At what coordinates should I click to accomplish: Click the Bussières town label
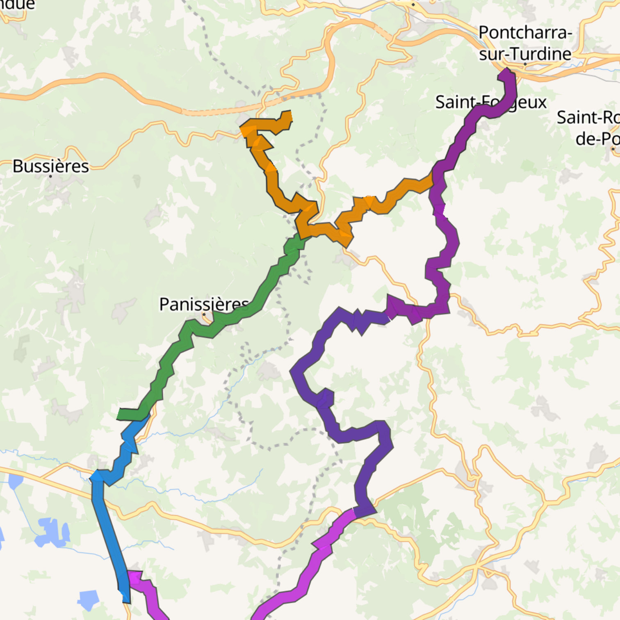click(x=50, y=166)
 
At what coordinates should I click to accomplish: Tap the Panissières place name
click(x=204, y=304)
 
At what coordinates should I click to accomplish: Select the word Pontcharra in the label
click(x=525, y=32)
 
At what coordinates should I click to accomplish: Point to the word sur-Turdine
click(x=525, y=54)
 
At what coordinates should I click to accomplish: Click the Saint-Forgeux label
click(x=490, y=102)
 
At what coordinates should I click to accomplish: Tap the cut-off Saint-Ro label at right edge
click(x=588, y=118)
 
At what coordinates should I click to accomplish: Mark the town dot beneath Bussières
click(x=50, y=176)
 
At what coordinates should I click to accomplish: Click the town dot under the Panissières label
click(x=204, y=315)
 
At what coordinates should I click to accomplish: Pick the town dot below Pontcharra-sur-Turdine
click(x=525, y=64)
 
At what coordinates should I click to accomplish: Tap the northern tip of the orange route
click(x=286, y=114)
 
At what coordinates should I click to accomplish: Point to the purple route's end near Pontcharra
click(x=506, y=73)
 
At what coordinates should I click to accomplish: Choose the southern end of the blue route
click(x=127, y=600)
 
